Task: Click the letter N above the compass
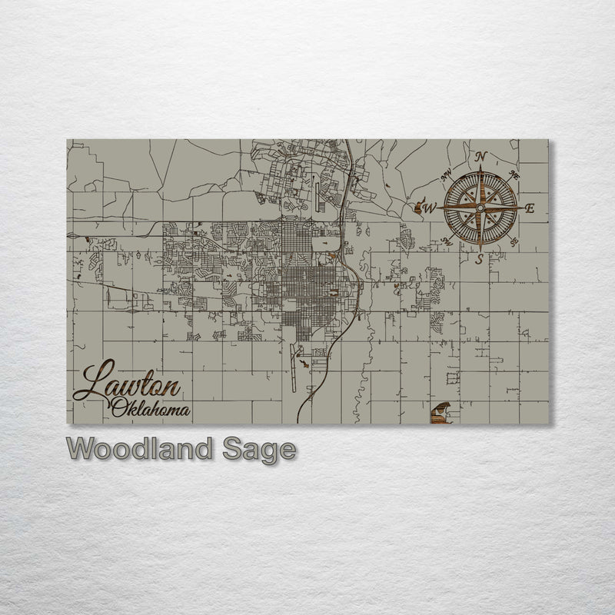tap(481, 157)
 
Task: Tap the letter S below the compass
tap(479, 260)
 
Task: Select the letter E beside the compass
tap(529, 208)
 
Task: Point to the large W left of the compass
tap(431, 208)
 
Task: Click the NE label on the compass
tap(515, 175)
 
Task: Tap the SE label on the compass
tap(514, 241)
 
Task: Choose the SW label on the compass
tap(448, 241)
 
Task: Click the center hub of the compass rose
tap(480, 208)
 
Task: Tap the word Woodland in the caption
tap(139, 450)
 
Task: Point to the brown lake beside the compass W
tap(418, 205)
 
